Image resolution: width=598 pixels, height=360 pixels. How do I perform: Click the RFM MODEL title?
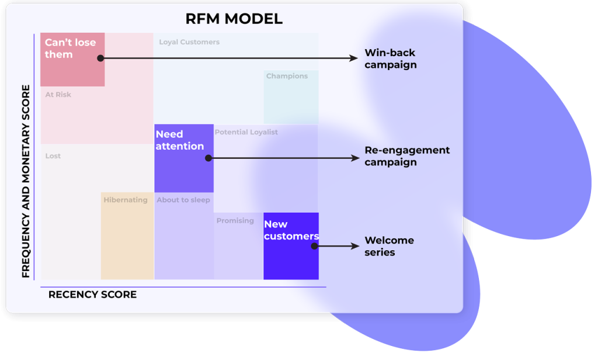click(x=234, y=19)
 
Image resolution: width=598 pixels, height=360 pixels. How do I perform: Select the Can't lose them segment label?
click(x=70, y=49)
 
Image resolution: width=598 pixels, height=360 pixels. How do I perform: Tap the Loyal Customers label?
click(x=189, y=42)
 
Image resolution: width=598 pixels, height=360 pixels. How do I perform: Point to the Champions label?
click(x=287, y=76)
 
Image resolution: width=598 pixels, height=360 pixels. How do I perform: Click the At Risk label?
click(x=58, y=95)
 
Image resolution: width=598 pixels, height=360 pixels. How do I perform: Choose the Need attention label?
click(x=179, y=140)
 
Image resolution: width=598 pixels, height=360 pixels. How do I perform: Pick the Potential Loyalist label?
click(x=246, y=132)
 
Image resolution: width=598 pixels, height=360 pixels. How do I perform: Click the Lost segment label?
click(x=53, y=156)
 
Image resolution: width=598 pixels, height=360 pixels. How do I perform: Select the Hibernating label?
click(x=126, y=200)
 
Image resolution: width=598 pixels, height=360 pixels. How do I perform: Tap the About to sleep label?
click(x=183, y=200)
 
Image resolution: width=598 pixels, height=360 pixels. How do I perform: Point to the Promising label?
click(x=235, y=221)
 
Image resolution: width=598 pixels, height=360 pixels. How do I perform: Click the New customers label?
click(x=291, y=230)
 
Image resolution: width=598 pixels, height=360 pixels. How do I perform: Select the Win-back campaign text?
click(x=391, y=58)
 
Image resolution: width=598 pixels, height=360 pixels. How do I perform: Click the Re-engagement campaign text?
click(x=407, y=156)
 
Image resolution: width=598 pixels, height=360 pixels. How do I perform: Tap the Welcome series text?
click(x=389, y=246)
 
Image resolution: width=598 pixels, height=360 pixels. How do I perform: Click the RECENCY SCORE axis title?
click(x=92, y=295)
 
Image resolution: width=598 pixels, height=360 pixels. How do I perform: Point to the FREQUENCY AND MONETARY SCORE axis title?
click(x=26, y=181)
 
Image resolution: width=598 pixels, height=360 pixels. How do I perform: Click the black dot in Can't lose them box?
click(x=100, y=58)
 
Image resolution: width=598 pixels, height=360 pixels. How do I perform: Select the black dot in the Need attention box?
click(x=208, y=158)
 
